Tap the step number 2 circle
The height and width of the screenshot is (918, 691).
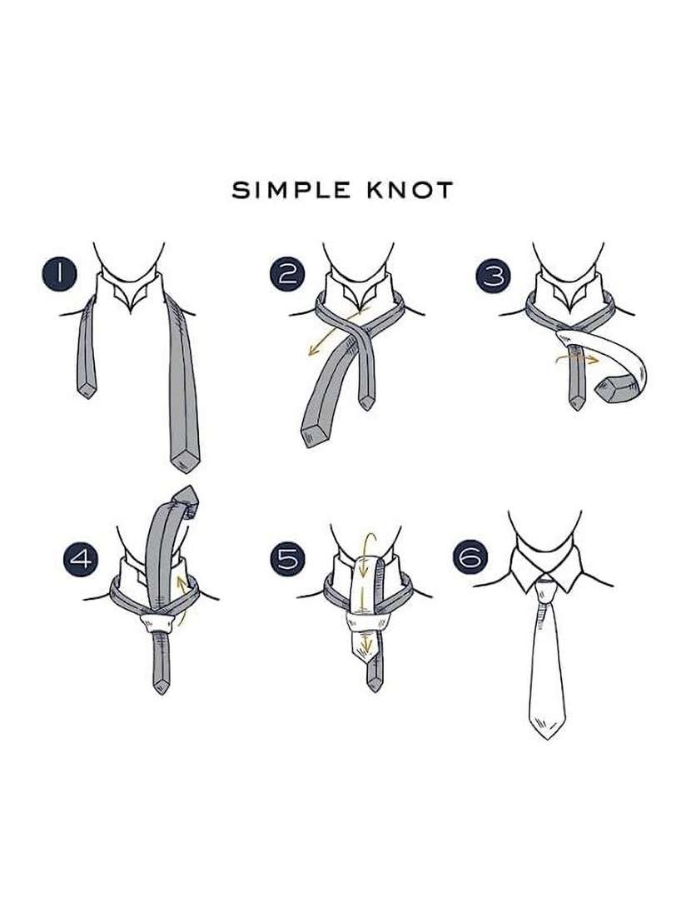click(x=286, y=274)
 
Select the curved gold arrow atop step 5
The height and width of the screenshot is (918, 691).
click(x=363, y=546)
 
